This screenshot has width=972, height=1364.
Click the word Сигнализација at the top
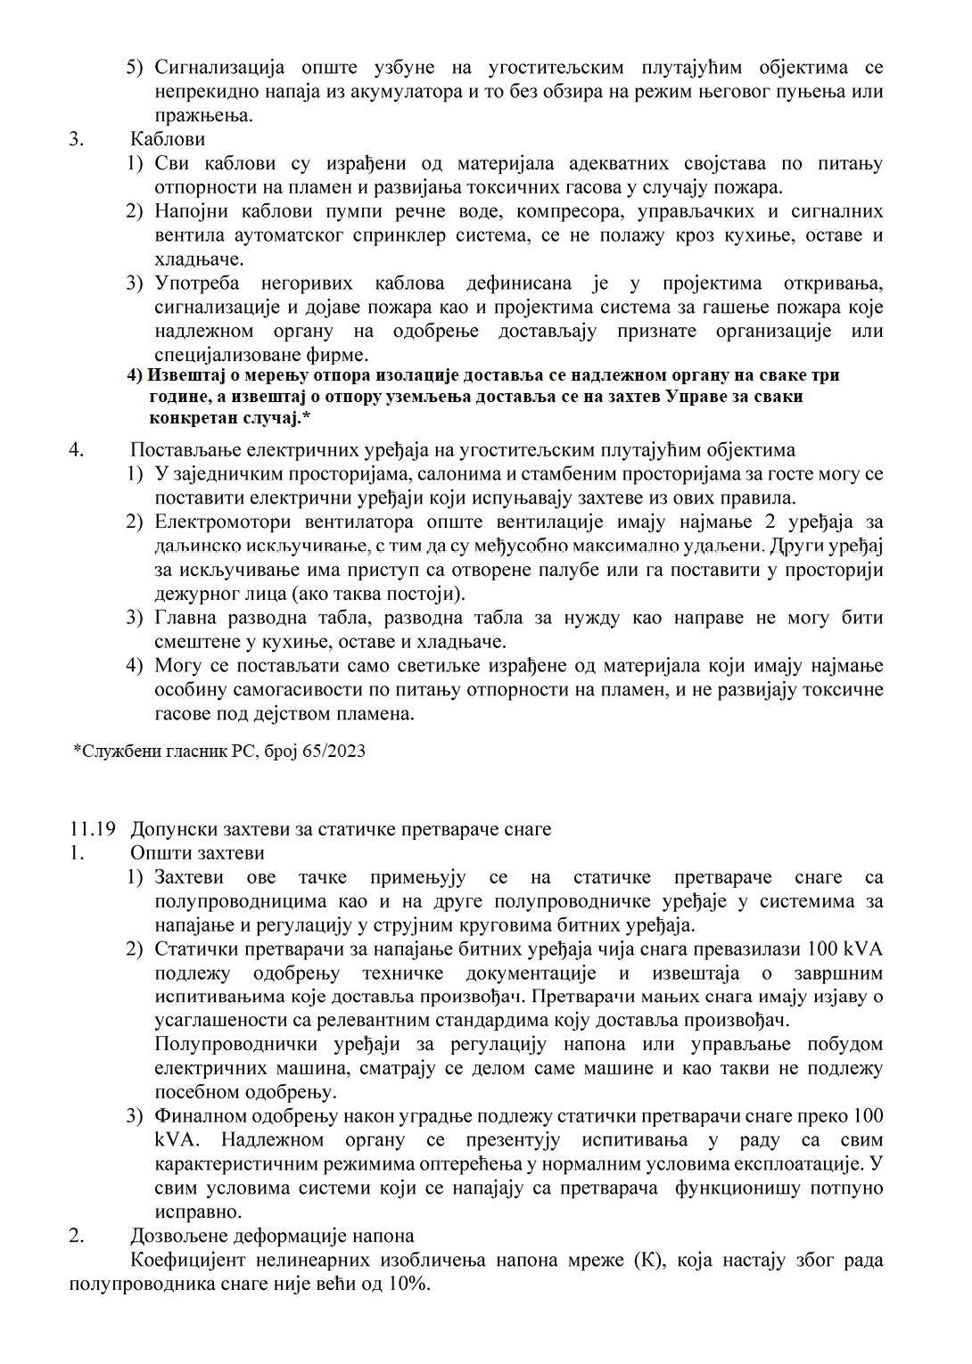click(219, 68)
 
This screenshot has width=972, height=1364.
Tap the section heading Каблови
click(168, 139)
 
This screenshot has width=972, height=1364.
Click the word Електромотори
click(223, 522)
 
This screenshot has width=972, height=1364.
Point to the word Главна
click(185, 618)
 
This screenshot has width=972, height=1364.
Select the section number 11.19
click(93, 829)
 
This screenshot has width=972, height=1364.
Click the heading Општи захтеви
click(197, 853)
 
